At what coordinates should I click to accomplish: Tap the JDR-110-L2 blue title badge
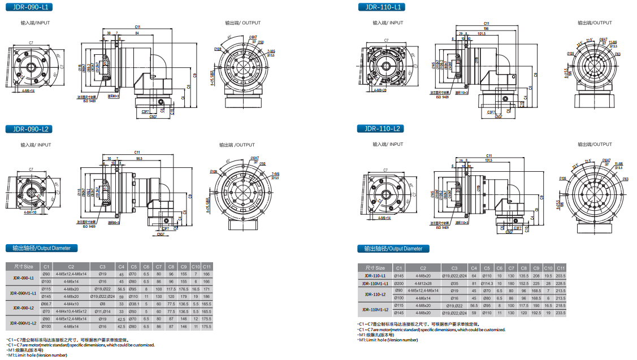(x=380, y=128)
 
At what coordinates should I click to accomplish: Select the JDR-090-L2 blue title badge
(x=29, y=129)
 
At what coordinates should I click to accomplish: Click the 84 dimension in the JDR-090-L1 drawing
(x=137, y=33)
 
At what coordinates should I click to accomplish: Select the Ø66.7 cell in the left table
(x=47, y=303)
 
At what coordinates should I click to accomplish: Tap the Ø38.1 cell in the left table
(x=133, y=303)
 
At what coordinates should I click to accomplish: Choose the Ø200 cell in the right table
(x=399, y=283)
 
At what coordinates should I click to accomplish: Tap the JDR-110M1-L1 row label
(x=373, y=283)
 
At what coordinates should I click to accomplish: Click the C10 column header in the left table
(x=196, y=266)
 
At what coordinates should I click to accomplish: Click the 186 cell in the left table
(x=206, y=296)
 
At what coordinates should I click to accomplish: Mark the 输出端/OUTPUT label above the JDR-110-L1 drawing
(x=595, y=23)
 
